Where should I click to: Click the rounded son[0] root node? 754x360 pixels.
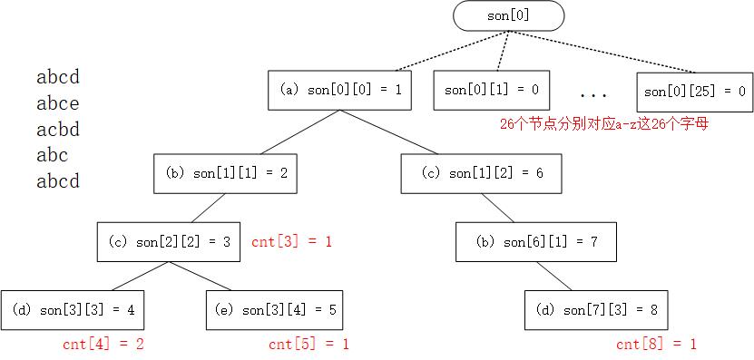[508, 15]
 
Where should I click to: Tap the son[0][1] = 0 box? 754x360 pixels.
[491, 90]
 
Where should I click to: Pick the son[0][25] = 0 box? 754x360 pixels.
[694, 91]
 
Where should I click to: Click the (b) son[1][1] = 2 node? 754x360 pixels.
[226, 172]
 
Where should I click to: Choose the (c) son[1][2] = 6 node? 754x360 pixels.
[482, 172]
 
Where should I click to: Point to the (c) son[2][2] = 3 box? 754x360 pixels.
[169, 241]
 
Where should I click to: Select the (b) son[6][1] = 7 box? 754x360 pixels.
[536, 241]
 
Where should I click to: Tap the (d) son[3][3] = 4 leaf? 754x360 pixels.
[73, 310]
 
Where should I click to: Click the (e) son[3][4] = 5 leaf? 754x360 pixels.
[276, 310]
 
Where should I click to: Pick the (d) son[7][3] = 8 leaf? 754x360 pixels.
[596, 310]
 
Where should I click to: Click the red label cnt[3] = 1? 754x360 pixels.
[292, 242]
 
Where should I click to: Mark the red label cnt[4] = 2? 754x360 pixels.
[103, 344]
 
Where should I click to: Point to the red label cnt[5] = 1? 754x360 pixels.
[308, 344]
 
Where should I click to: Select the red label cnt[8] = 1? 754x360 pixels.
[656, 344]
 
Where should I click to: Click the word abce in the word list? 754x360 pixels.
[58, 103]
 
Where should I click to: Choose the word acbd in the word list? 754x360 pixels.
[58, 129]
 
